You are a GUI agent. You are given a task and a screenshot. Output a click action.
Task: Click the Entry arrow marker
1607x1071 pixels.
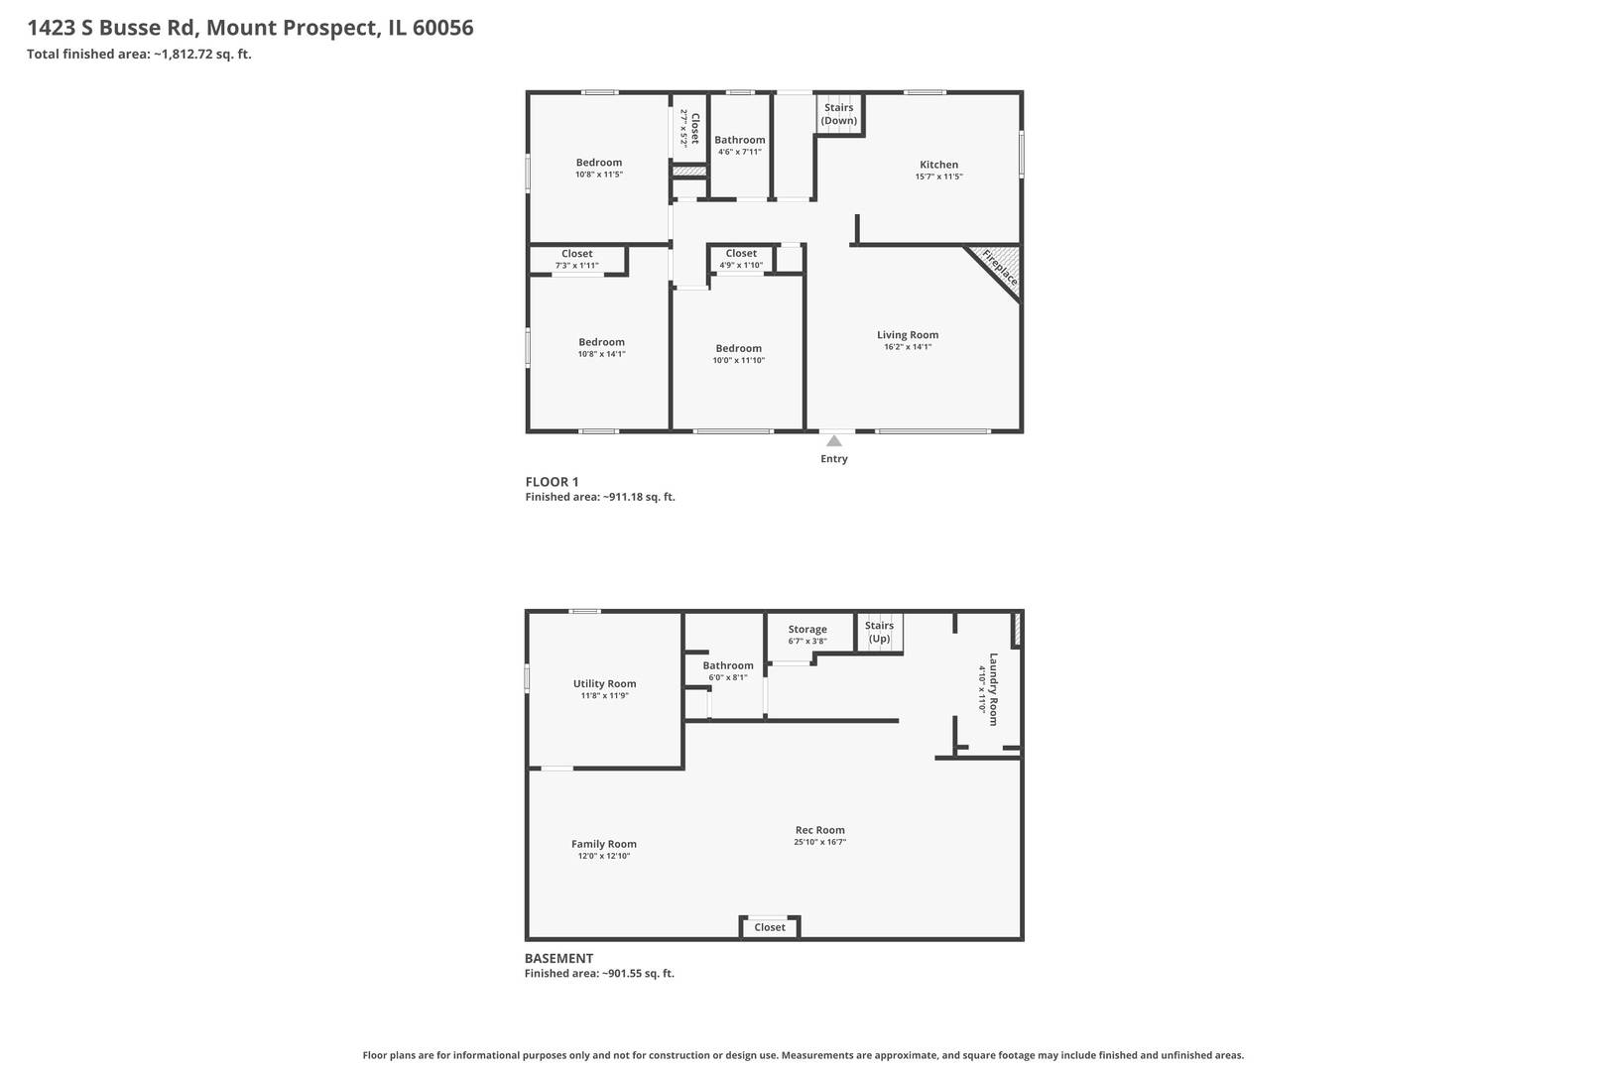click(x=834, y=441)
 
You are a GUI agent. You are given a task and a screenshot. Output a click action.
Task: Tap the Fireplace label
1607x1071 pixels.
click(x=1000, y=268)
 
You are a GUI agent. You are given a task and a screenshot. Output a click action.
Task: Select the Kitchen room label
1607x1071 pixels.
click(x=938, y=165)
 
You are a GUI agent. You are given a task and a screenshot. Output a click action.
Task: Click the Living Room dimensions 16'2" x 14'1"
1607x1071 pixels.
click(x=908, y=347)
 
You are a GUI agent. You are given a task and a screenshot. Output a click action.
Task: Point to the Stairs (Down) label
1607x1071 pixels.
click(x=839, y=114)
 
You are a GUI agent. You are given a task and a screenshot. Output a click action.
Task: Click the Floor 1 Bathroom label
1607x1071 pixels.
click(x=740, y=140)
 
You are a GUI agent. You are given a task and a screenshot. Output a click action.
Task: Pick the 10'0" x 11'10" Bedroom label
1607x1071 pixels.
click(x=739, y=348)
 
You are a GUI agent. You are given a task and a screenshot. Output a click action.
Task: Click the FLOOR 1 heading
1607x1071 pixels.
click(x=552, y=482)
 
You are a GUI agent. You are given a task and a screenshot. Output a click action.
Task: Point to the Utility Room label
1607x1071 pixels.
click(x=604, y=683)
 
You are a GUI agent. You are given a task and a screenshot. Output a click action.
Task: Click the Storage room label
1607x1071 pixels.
click(x=807, y=629)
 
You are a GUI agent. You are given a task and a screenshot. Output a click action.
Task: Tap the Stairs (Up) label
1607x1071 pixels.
click(x=879, y=632)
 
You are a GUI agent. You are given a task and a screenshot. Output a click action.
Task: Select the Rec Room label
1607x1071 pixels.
click(x=820, y=830)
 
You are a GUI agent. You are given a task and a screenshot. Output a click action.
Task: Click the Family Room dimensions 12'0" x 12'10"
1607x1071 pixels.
click(x=604, y=856)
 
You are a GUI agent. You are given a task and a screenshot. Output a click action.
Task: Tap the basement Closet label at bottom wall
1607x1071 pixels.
click(x=770, y=927)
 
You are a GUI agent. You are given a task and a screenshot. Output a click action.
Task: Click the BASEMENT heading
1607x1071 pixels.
click(x=559, y=958)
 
